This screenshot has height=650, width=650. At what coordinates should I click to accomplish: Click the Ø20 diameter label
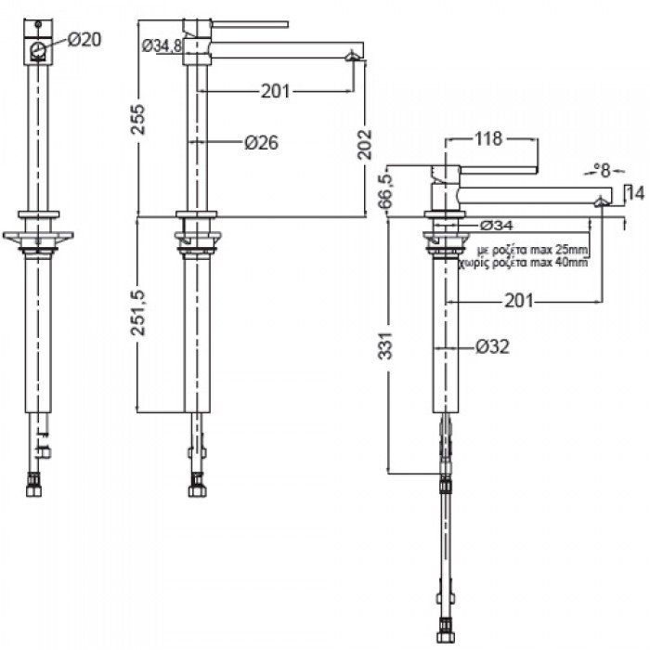(84, 38)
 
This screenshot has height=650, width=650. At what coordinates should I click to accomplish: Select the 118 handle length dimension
(488, 139)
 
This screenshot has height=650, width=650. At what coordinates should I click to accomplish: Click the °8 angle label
(604, 170)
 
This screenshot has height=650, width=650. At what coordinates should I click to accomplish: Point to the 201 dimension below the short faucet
(522, 300)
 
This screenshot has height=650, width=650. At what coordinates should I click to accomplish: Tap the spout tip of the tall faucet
(351, 58)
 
